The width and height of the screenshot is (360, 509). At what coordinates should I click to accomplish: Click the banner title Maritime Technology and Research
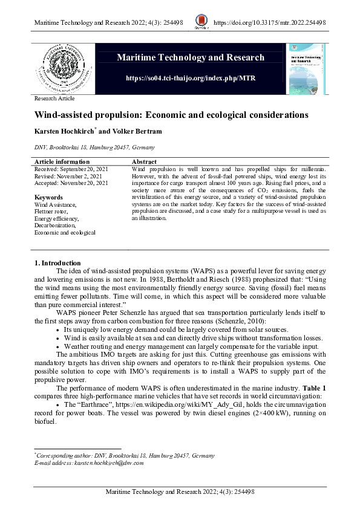click(191, 57)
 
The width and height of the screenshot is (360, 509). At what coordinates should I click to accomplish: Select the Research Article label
click(54, 98)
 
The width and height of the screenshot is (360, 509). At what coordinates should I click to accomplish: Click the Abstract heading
click(144, 162)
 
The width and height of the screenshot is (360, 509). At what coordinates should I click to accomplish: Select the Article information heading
click(62, 162)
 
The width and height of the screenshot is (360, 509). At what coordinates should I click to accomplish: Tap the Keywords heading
click(49, 197)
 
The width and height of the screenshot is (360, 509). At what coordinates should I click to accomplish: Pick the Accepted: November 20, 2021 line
click(71, 183)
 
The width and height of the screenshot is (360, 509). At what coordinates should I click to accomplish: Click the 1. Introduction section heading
click(57, 263)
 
